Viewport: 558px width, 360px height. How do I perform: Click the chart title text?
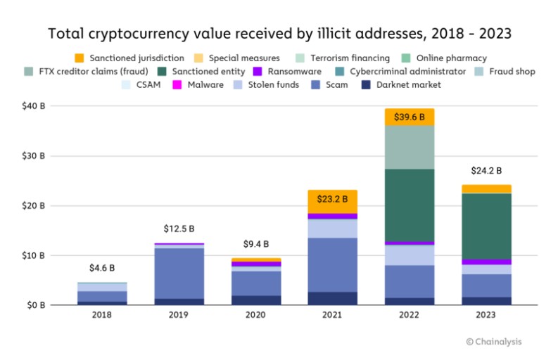pos(279,33)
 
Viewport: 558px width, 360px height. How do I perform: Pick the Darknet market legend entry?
pos(404,84)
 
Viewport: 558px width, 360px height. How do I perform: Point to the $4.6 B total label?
pos(102,268)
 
